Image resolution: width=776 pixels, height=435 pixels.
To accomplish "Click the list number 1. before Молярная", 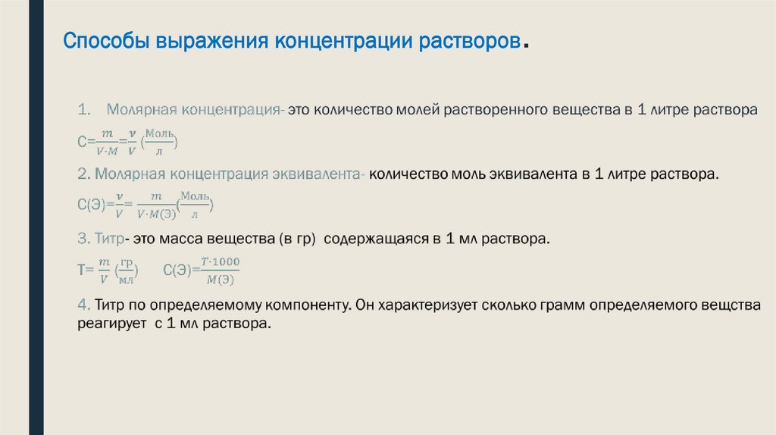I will point(84,110).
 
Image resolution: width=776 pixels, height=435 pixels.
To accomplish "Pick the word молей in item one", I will point(414,110).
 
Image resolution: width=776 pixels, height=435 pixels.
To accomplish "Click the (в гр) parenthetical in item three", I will point(301,239).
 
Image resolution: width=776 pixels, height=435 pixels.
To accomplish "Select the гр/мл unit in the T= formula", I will point(127,271).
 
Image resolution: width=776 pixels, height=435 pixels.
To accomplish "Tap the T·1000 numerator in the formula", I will point(221,262).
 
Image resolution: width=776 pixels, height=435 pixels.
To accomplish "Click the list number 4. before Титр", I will point(84,305).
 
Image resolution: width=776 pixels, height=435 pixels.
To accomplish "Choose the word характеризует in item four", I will point(426,305).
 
